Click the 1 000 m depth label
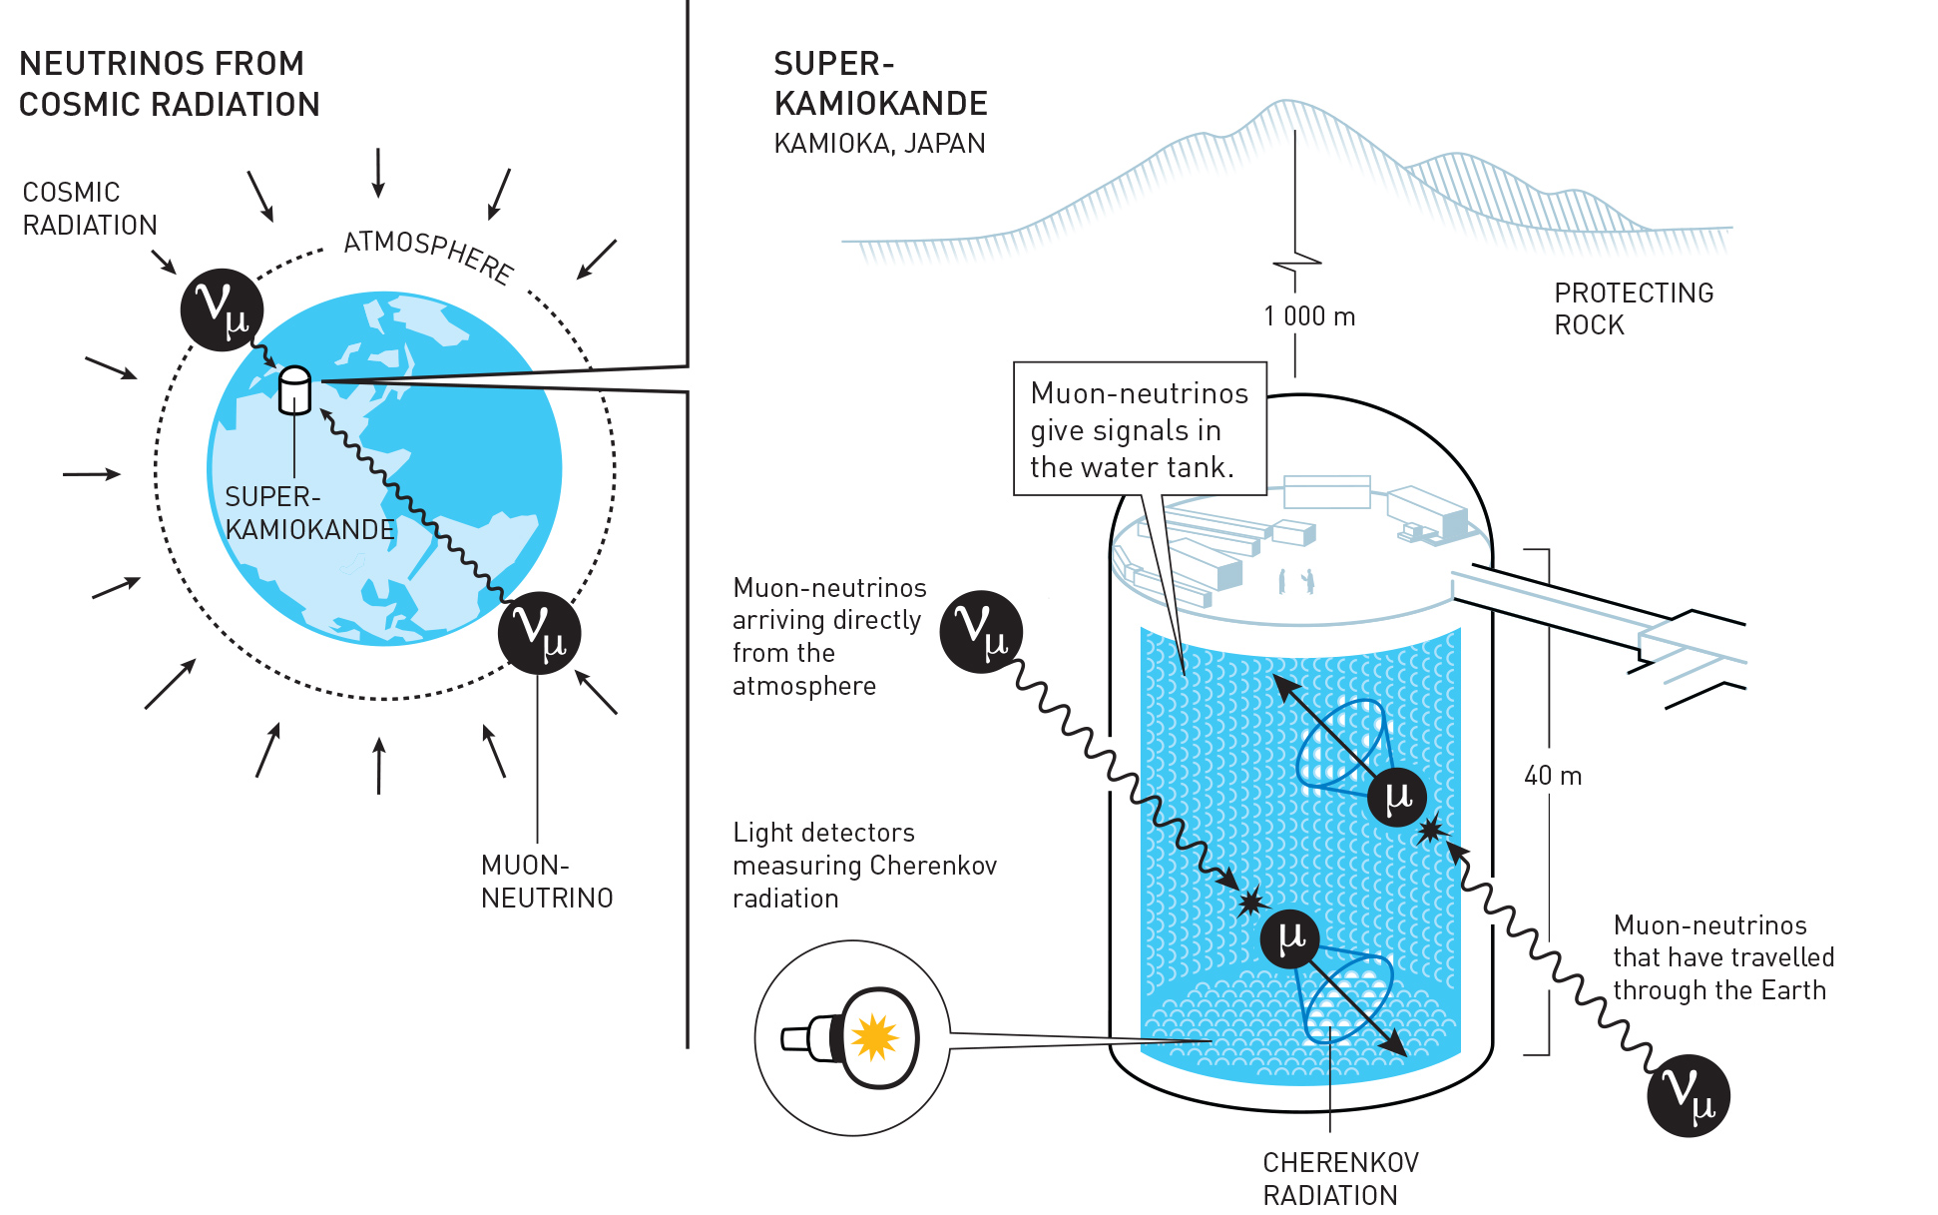click(1308, 316)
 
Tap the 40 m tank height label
click(1552, 776)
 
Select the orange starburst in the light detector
click(875, 1037)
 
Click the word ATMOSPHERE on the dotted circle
click(429, 256)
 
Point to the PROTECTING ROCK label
click(1633, 308)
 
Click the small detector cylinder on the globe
click(294, 390)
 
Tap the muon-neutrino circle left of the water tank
click(981, 631)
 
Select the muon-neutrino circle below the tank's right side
click(1688, 1095)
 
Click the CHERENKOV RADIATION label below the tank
click(1339, 1178)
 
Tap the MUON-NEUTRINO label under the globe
click(546, 881)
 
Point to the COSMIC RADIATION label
click(89, 209)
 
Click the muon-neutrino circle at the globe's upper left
click(222, 309)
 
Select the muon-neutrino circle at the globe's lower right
click(539, 633)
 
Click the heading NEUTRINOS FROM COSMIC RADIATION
click(169, 84)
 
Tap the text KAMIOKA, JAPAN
click(879, 144)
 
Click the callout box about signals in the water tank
click(1139, 429)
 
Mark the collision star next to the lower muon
click(1249, 903)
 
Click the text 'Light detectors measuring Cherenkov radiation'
click(863, 865)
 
